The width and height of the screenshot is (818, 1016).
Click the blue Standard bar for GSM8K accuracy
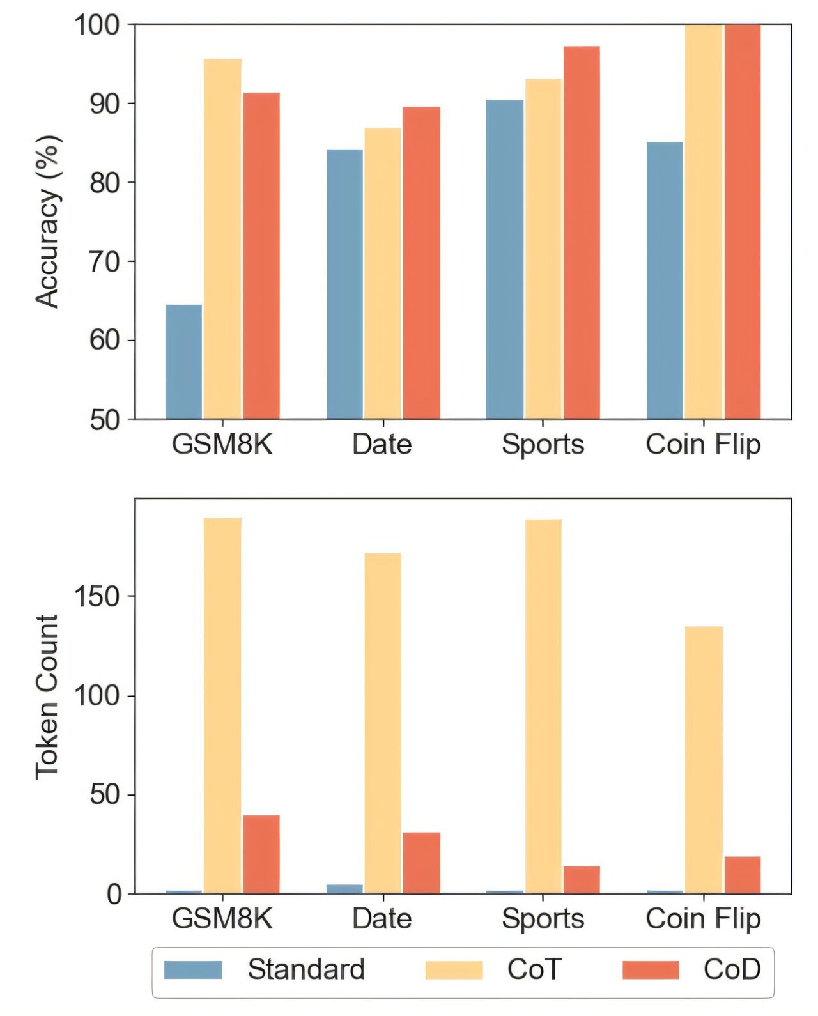pos(183,362)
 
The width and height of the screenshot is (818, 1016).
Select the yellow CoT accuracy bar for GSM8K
pos(222,239)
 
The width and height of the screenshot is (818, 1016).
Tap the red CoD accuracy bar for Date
pos(421,263)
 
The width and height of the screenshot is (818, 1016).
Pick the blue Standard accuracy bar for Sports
pos(504,259)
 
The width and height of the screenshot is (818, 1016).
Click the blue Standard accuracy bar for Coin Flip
pos(665,281)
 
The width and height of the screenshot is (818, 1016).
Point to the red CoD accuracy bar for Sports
pos(582,233)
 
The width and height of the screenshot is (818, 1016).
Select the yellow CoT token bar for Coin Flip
pos(704,760)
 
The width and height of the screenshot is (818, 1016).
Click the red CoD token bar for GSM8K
pos(261,854)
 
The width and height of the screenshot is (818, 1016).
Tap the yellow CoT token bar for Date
pos(383,723)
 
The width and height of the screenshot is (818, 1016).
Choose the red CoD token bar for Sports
pos(582,880)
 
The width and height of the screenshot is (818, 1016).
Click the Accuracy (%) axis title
pos(47,222)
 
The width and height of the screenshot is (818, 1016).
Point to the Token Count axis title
pos(47,697)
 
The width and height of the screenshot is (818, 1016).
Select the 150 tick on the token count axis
pos(97,596)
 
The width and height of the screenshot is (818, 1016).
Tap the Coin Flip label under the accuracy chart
pos(703,445)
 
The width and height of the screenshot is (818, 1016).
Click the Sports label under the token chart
pos(543,919)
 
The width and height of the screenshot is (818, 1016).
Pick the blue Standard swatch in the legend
pos(193,969)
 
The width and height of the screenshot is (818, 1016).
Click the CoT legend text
pos(534,969)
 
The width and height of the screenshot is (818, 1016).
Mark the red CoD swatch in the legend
pos(651,969)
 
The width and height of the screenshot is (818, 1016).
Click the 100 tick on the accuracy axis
pos(97,25)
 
